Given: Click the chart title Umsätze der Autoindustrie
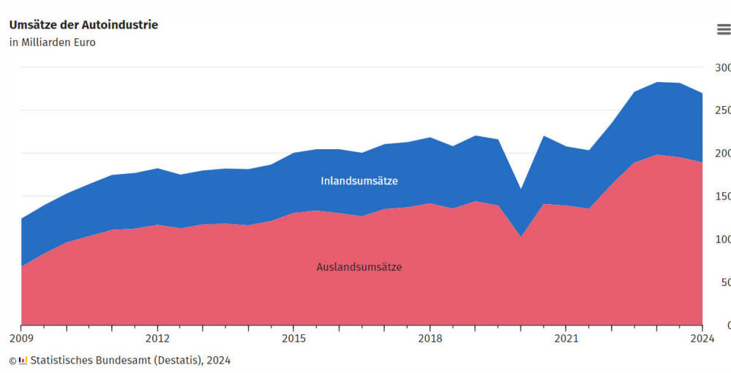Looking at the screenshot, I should [x=83, y=25].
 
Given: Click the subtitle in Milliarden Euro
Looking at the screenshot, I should [x=52, y=42].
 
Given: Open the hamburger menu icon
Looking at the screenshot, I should [x=723, y=29].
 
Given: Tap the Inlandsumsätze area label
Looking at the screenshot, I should [x=359, y=181].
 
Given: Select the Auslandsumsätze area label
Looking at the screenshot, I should [x=359, y=267].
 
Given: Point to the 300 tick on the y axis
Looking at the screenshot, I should [x=722, y=67].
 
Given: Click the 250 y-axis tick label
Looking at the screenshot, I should [x=722, y=110].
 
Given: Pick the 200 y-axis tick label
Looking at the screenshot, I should [x=722, y=154].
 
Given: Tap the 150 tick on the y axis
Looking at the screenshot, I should [x=722, y=196].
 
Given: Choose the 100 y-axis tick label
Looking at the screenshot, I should [x=722, y=239].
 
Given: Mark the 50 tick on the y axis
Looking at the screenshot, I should [x=724, y=282].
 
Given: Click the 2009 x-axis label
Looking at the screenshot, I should [x=21, y=339].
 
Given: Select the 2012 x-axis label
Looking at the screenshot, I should [x=157, y=339].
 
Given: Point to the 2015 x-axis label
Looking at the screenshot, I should [x=293, y=339].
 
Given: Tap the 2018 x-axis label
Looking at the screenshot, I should [x=430, y=339].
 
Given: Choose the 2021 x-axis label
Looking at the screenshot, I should [x=566, y=339].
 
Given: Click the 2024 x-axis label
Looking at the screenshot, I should [x=702, y=339].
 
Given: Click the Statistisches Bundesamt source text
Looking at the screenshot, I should [x=130, y=360].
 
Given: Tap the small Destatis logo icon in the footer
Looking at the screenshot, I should [x=23, y=360].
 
